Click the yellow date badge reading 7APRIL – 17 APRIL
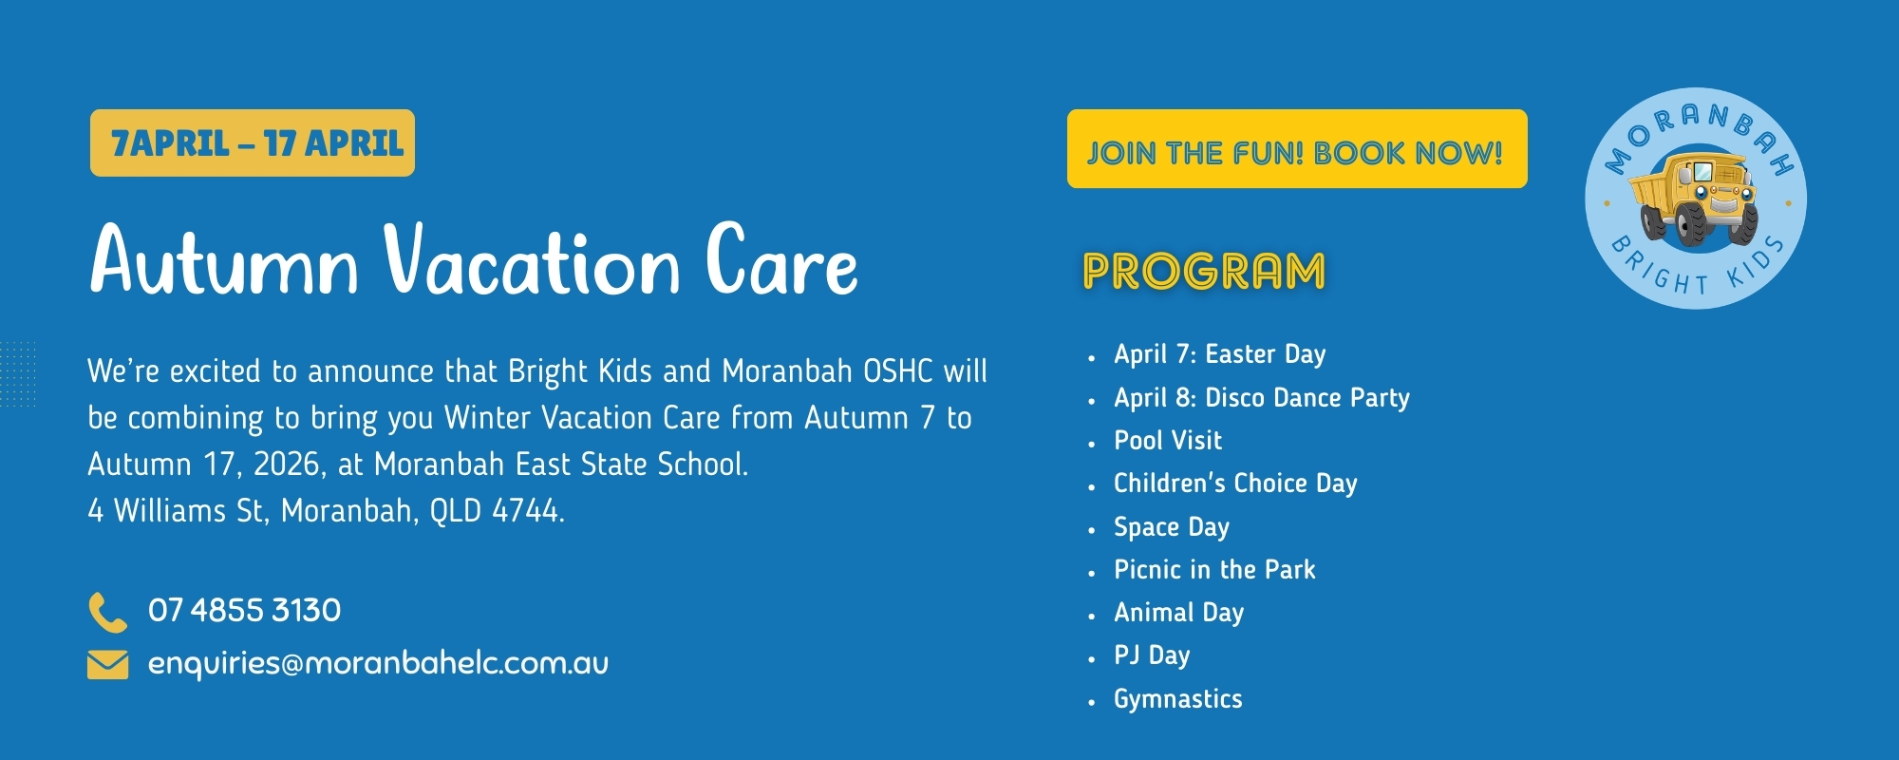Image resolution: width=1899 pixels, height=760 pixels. point(253,143)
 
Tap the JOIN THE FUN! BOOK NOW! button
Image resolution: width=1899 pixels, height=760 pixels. point(1297,149)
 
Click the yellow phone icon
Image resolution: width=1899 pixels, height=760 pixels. point(107,612)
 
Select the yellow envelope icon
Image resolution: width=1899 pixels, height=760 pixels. point(107,665)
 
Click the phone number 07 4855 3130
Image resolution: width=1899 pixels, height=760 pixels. point(244,610)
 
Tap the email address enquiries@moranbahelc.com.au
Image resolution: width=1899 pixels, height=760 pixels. point(378,663)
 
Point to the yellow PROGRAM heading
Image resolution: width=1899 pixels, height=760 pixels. point(1204,272)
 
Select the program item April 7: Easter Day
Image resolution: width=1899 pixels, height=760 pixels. point(1219,354)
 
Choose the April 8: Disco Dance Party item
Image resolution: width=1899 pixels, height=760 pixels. point(1262,398)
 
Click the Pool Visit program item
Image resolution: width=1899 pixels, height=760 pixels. point(1168,441)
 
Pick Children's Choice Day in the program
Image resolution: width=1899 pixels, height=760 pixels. point(1235,484)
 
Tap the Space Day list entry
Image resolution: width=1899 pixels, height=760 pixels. point(1172,527)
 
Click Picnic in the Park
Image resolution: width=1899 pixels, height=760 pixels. point(1214,570)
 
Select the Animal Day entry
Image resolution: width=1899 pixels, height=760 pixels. point(1178,613)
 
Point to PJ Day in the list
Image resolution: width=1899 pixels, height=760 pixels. point(1152,655)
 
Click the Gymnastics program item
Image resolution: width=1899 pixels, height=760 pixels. point(1178,699)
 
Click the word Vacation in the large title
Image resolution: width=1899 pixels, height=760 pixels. point(533,259)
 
